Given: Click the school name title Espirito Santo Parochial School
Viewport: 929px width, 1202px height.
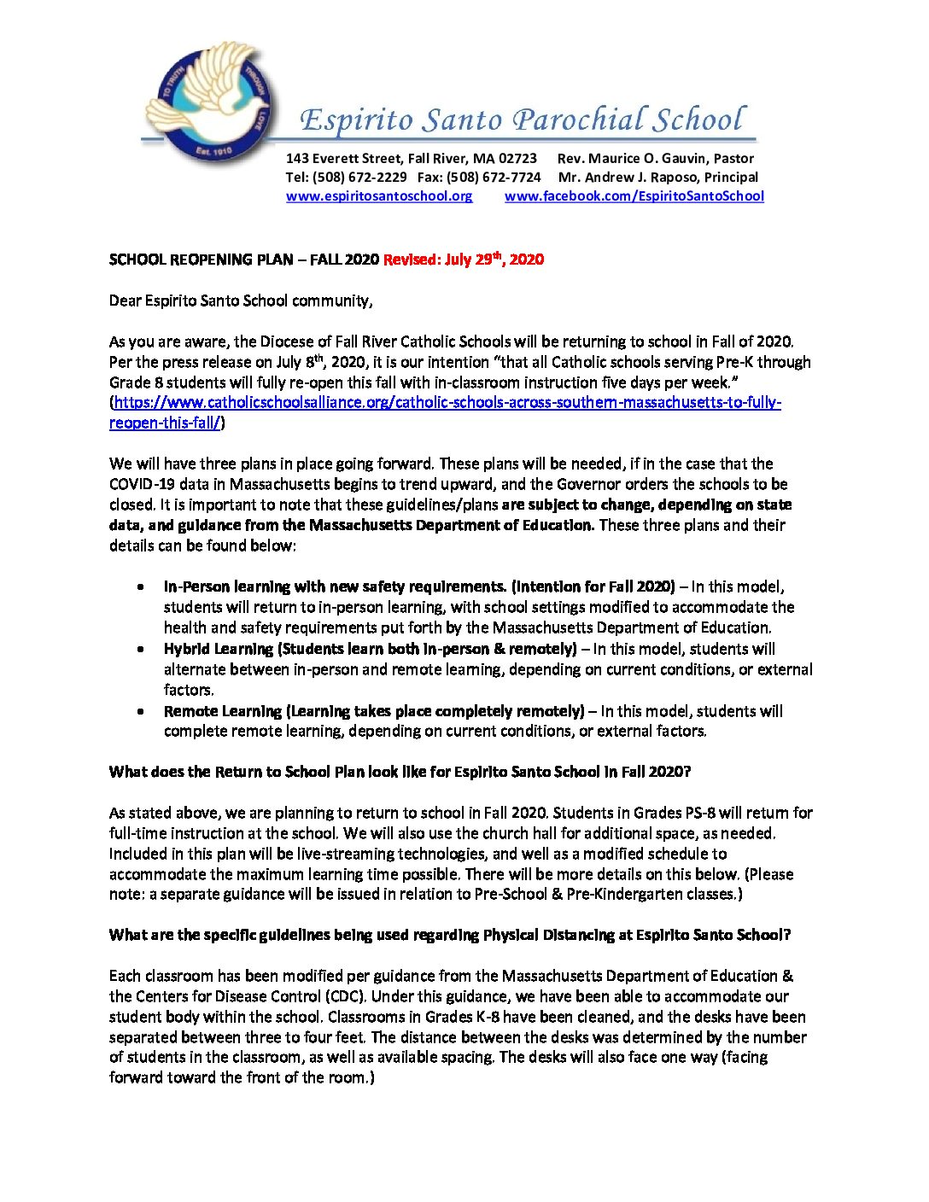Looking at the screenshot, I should click(522, 120).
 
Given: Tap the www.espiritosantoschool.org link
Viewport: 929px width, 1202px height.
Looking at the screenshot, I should click(378, 196).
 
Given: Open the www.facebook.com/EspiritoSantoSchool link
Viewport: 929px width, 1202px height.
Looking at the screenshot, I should click(634, 196).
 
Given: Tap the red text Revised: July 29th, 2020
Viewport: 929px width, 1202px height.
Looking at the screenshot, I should click(463, 260).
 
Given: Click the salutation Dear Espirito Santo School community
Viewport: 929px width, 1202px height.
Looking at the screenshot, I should click(241, 300).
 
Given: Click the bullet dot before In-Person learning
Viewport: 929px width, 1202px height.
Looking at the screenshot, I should click(140, 587).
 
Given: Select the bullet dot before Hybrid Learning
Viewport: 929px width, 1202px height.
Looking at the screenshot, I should click(140, 650).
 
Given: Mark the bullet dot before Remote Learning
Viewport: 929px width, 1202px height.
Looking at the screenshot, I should click(140, 711).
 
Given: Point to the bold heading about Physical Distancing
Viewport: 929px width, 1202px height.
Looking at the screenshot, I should click(449, 935).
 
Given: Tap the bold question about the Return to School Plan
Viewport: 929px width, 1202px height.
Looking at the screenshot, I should click(399, 772).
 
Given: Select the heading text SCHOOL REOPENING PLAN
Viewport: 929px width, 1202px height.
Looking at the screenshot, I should click(201, 260).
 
